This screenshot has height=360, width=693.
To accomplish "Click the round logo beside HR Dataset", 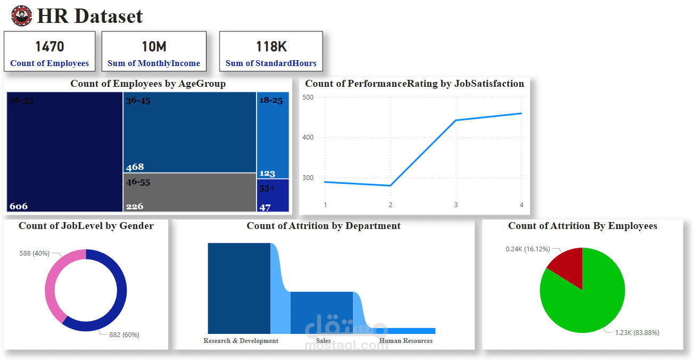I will (22, 16).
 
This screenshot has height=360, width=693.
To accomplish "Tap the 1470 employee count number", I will (49, 47).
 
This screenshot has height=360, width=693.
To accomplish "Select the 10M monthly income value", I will (154, 47).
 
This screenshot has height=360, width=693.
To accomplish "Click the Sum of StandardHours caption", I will (271, 63).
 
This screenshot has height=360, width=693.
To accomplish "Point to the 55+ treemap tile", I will (273, 195).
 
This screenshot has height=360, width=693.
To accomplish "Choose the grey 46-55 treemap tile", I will (189, 192).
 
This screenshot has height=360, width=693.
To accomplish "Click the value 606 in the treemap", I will (19, 206).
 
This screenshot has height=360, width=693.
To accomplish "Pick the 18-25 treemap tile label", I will (271, 100).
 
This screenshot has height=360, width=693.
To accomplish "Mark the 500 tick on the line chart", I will (308, 97).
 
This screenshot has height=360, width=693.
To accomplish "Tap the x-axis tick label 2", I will (390, 205).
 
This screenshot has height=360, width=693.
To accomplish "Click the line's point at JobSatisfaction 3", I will (456, 120).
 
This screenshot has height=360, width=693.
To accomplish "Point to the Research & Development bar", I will (239, 288).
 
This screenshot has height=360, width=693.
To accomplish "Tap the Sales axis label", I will (323, 341).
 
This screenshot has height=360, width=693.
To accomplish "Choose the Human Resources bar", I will (410, 331).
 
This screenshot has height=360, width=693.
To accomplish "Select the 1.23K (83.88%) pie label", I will (637, 333).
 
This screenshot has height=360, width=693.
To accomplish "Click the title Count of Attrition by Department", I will (324, 226).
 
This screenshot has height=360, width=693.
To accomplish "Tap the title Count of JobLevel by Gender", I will (86, 226).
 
